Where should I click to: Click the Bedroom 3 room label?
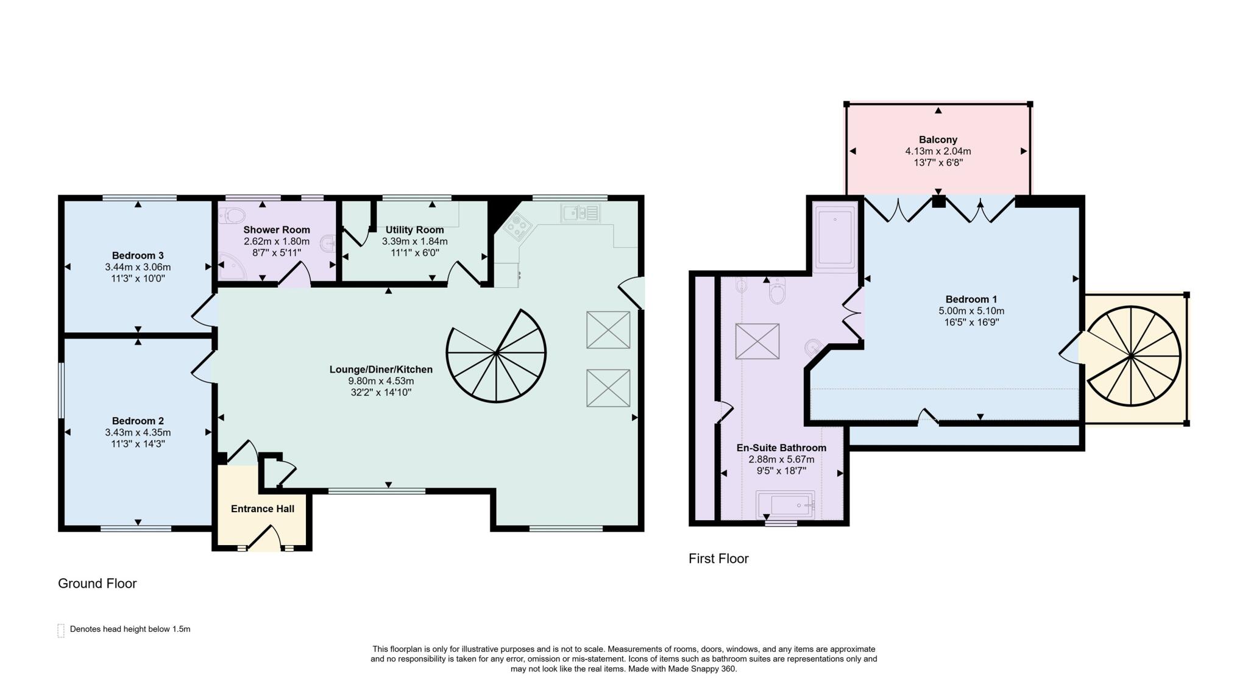pos(138,255)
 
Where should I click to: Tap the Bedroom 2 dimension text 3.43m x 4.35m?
pos(138,432)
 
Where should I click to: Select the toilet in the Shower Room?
pos(233,215)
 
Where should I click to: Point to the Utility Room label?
pos(414,230)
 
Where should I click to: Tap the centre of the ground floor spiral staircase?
pos(496,353)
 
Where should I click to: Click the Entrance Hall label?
pos(263,509)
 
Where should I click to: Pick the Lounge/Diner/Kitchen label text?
pos(381,370)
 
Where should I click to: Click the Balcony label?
pos(938,140)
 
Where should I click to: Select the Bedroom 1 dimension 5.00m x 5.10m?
pos(971,311)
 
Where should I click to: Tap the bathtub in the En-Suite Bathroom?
pos(785,505)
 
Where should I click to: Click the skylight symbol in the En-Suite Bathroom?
pos(757,341)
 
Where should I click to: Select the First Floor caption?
pos(718,559)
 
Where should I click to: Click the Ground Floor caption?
pos(97,584)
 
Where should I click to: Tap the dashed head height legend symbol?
pos(61,630)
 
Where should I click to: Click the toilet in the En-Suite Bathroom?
pos(777,292)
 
